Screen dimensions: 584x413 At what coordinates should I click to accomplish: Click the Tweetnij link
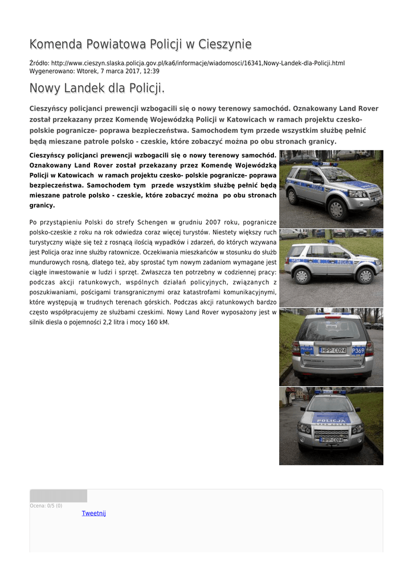(93, 513)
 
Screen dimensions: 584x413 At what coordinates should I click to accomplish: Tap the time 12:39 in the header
(152, 71)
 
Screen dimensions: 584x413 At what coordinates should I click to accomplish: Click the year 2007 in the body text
(223, 222)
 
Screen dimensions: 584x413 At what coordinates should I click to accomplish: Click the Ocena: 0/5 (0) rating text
(46, 506)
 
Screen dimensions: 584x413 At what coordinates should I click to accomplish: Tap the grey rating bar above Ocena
(58, 496)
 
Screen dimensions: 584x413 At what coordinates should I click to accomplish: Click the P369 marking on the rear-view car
(358, 350)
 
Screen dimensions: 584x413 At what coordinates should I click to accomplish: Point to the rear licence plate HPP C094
(333, 350)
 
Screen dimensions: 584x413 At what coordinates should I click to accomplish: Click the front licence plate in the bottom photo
(331, 440)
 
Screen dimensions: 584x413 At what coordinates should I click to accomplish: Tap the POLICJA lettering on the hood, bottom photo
(330, 421)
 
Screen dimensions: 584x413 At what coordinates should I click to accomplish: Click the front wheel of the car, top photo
(337, 209)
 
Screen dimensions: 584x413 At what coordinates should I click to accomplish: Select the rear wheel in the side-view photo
(301, 276)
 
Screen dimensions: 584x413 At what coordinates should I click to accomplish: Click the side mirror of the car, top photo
(317, 180)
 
